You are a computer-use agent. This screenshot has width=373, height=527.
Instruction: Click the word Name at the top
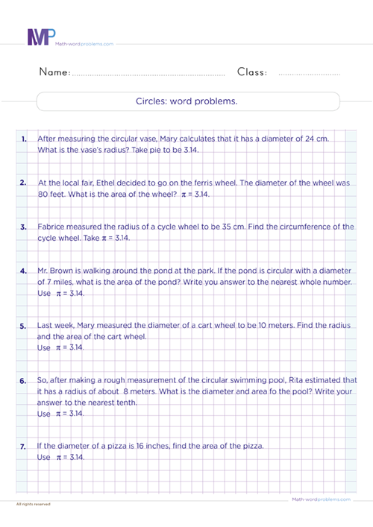(53, 72)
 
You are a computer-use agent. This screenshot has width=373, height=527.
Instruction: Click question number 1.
(24, 139)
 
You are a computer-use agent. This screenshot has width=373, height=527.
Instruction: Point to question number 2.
(24, 183)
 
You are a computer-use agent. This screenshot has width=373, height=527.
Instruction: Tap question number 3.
(24, 227)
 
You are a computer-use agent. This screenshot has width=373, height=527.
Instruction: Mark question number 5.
(24, 326)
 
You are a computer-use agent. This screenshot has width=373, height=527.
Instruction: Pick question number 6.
(24, 380)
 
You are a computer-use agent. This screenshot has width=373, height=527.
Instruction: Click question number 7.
(24, 446)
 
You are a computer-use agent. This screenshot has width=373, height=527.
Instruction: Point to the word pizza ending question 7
(251, 446)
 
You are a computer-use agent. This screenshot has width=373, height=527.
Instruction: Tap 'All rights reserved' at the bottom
(33, 505)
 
